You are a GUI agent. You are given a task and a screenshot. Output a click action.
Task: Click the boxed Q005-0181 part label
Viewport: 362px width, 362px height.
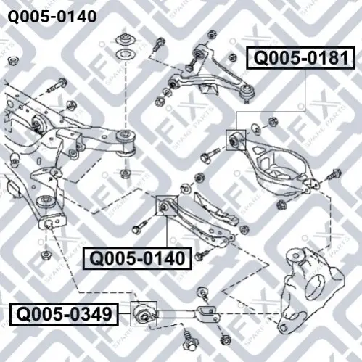(300, 58)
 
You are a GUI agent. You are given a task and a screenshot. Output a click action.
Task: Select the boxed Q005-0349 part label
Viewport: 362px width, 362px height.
(64, 314)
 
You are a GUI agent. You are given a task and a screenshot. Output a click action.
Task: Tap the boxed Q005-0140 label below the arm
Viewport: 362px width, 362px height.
(137, 258)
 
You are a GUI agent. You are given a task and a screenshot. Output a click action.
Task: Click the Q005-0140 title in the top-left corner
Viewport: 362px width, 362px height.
(52, 17)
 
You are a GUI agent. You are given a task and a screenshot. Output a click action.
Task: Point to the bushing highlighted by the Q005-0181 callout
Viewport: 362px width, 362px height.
(236, 140)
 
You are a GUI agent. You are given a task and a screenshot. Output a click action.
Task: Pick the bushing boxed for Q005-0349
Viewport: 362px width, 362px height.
(144, 313)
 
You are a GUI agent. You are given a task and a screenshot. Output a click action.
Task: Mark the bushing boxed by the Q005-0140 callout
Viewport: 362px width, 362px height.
(166, 205)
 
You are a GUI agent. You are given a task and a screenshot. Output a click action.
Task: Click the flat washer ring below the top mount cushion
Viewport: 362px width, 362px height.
(126, 54)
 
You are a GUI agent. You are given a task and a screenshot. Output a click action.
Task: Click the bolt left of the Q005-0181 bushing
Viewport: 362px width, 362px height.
(210, 155)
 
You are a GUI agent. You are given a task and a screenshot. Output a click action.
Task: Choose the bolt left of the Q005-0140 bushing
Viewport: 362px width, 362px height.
(140, 227)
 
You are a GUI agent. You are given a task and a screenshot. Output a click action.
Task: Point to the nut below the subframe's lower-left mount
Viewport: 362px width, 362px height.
(45, 255)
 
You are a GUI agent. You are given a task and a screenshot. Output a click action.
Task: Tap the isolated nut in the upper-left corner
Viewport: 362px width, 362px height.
(12, 60)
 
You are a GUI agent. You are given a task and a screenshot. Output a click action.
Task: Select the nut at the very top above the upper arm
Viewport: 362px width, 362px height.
(212, 35)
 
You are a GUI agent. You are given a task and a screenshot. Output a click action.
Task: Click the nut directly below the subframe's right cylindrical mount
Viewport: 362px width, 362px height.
(126, 173)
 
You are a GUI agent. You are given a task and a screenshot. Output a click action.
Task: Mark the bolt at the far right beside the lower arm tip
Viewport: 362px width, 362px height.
(334, 175)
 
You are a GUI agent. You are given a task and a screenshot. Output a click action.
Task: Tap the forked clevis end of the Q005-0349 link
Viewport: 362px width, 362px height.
(207, 312)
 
